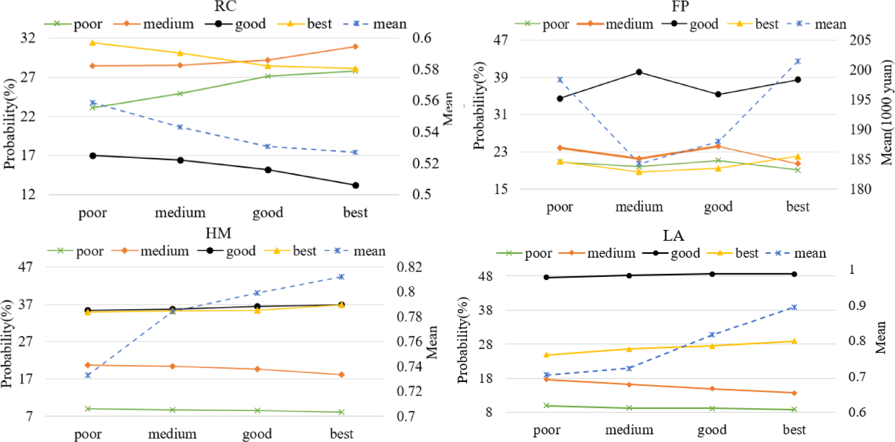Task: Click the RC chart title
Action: click(x=225, y=6)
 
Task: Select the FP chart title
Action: click(x=680, y=7)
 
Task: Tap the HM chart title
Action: click(x=218, y=233)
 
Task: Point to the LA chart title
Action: click(x=673, y=236)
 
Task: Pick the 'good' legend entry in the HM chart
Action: click(x=241, y=251)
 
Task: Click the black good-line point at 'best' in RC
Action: click(x=355, y=185)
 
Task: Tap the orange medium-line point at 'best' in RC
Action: click(x=355, y=47)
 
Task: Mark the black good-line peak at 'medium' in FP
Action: click(x=639, y=72)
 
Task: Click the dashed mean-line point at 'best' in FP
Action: click(x=798, y=62)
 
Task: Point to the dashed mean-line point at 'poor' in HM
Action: click(x=88, y=375)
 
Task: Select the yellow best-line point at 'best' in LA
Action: click(x=794, y=341)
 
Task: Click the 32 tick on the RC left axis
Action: click(x=28, y=38)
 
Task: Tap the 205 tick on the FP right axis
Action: click(x=860, y=40)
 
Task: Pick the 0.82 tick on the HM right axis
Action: click(x=409, y=267)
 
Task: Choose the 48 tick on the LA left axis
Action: click(x=485, y=276)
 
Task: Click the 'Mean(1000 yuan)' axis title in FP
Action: click(x=887, y=113)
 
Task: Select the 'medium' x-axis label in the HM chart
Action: click(x=172, y=434)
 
